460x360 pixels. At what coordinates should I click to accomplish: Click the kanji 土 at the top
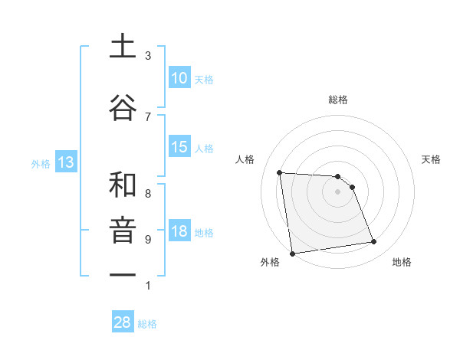(x=123, y=46)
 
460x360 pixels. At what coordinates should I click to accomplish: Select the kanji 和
(x=123, y=185)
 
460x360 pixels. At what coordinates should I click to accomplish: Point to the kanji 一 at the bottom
(x=123, y=275)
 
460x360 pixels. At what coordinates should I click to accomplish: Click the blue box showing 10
(x=179, y=78)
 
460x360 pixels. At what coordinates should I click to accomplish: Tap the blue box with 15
(x=179, y=147)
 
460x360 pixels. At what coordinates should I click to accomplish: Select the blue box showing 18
(x=179, y=232)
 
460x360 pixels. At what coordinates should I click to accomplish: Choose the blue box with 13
(x=65, y=162)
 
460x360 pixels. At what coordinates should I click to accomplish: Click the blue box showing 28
(x=123, y=322)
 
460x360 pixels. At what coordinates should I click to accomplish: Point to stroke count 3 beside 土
(x=148, y=56)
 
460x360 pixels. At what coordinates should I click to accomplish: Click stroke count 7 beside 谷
(x=148, y=116)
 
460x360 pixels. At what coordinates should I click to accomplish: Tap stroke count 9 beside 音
(x=148, y=240)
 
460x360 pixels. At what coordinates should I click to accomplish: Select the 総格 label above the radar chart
(x=337, y=100)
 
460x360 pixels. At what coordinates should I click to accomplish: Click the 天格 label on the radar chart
(x=431, y=159)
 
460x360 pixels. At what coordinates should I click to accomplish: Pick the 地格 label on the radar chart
(x=402, y=262)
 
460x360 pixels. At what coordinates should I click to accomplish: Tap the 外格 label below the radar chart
(x=270, y=262)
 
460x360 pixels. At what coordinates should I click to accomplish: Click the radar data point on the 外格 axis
(x=292, y=253)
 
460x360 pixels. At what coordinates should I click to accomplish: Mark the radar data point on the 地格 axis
(x=374, y=242)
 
